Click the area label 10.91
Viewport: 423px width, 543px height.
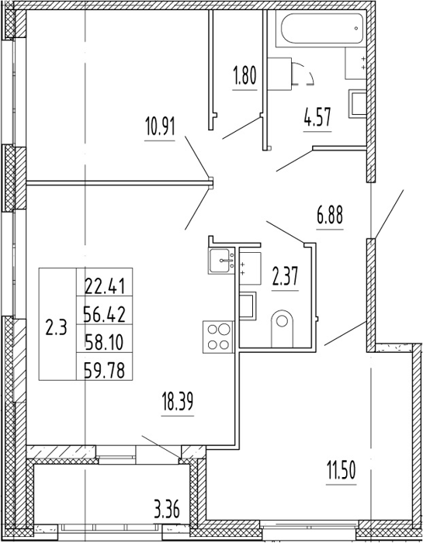(x=160, y=127)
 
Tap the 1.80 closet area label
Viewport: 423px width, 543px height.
(x=245, y=76)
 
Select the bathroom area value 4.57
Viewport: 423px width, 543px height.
(x=317, y=118)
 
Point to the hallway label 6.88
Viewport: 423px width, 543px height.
(x=329, y=215)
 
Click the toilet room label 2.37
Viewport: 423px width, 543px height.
(x=285, y=276)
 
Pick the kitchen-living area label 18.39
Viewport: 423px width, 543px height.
(x=178, y=402)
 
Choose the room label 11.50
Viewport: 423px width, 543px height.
(x=342, y=470)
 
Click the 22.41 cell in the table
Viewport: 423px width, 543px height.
(x=104, y=287)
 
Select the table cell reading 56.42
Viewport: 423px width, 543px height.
(x=104, y=315)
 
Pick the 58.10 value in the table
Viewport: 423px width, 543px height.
(x=104, y=343)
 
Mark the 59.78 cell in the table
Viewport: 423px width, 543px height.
(x=104, y=371)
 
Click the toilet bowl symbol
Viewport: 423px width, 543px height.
(x=282, y=328)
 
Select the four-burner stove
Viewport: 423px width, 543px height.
(x=219, y=337)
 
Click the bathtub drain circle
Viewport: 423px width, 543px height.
(x=356, y=29)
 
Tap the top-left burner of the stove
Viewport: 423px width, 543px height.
(x=212, y=329)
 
